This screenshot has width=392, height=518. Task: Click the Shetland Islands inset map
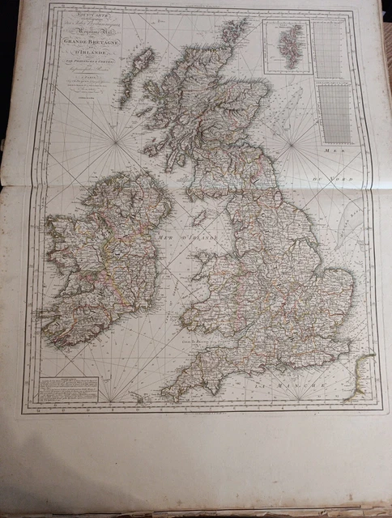(x=287, y=47)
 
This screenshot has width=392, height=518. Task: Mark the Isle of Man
(x=198, y=219)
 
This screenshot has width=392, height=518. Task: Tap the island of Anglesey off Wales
(x=198, y=260)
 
